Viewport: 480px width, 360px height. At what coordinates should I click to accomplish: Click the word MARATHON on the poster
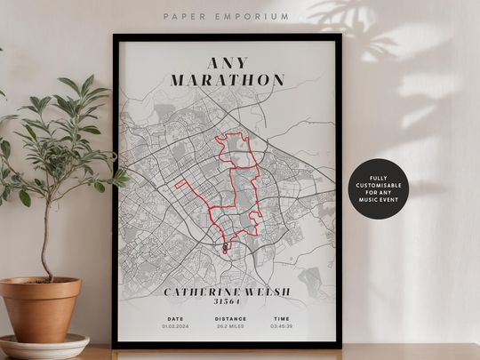tap(228, 80)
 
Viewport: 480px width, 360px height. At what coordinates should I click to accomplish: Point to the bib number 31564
tap(228, 302)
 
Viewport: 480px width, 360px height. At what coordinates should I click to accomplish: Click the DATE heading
tap(174, 318)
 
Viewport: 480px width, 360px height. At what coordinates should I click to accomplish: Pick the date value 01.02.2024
tap(174, 326)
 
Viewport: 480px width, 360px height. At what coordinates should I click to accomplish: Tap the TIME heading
tap(281, 318)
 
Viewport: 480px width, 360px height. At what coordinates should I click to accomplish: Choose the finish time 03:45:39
tap(281, 326)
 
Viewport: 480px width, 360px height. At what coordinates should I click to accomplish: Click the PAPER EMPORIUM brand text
tap(226, 15)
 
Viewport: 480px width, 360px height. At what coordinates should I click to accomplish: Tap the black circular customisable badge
tap(379, 188)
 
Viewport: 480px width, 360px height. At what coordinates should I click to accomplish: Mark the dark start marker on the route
tap(225, 245)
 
